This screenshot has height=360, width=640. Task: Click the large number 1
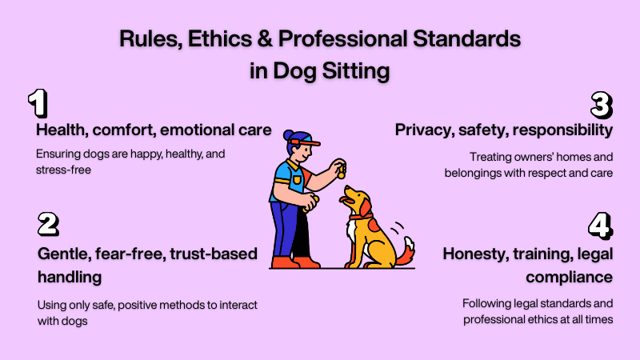[38, 103]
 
